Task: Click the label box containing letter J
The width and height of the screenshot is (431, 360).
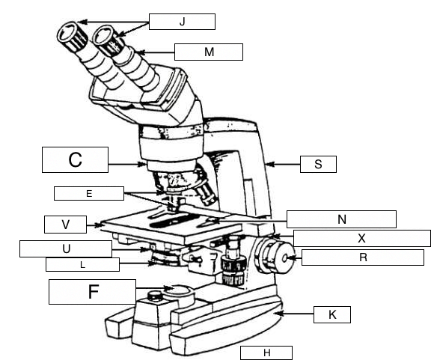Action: pos(182,21)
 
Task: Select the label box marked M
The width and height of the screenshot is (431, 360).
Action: pos(208,52)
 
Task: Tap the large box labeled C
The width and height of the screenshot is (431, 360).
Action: pos(75,159)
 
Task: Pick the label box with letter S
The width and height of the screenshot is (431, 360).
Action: pos(318,164)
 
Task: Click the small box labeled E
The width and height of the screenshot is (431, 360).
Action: pos(88,193)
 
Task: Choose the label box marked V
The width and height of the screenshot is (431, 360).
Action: pos(66,224)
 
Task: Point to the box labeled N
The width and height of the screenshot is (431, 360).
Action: pos(340,219)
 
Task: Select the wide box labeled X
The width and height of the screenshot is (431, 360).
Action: pos(361,239)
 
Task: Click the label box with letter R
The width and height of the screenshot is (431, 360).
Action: pos(362,257)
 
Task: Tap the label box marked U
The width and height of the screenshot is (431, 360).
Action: pos(65,248)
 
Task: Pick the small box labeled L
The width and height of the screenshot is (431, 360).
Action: pos(82,264)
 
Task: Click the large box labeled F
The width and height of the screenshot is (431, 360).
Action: pos(92,291)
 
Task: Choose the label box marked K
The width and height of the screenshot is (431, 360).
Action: pos(332,314)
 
